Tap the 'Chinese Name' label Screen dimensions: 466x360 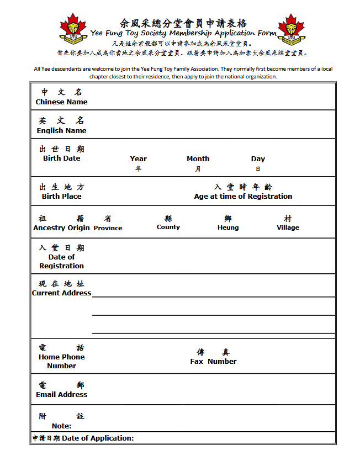(61, 102)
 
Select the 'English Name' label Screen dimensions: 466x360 (61, 131)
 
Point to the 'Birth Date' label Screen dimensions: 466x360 (61, 158)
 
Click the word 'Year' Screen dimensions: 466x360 (139, 159)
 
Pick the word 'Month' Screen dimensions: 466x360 (198, 159)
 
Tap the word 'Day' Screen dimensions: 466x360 (258, 159)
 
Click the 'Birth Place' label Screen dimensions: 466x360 (61, 197)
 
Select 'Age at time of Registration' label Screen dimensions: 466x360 (243, 197)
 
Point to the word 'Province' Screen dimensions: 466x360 (108, 228)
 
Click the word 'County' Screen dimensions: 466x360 (168, 227)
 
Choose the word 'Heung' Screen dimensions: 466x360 (228, 227)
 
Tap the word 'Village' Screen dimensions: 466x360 (288, 227)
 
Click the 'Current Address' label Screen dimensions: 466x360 (61, 293)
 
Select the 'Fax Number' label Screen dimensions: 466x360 (213, 362)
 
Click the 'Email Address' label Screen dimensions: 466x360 (61, 395)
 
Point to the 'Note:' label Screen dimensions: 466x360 (61, 426)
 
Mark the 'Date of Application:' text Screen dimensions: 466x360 (98, 438)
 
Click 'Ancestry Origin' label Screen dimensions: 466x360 (61, 228)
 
